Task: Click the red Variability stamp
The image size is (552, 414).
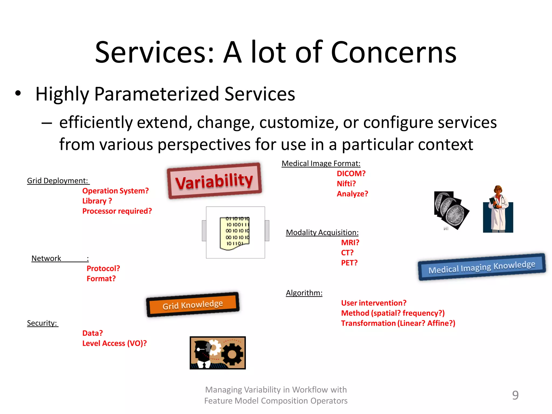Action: (214, 181)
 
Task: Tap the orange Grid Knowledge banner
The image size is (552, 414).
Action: (193, 305)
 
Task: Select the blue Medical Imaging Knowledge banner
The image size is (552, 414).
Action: (482, 267)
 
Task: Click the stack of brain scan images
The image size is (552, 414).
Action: (451, 211)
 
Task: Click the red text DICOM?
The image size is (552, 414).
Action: (351, 174)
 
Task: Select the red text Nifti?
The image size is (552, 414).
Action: (346, 184)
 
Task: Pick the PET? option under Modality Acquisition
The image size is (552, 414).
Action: (349, 263)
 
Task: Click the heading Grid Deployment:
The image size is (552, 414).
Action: (58, 181)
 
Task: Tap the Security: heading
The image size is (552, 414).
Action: (42, 323)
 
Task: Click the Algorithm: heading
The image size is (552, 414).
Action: (304, 293)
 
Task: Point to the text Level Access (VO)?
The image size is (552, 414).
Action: (114, 343)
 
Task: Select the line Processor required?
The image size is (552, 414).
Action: (117, 211)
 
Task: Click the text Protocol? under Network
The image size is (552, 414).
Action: (103, 268)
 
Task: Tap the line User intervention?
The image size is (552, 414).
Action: (374, 303)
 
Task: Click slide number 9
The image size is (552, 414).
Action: (515, 395)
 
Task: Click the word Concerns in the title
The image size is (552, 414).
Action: (393, 53)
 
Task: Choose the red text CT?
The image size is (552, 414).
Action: (347, 253)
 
